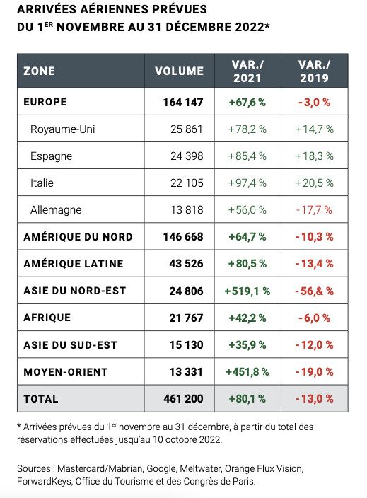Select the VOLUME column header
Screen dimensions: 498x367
tap(179, 71)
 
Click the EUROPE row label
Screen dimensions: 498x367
tap(45, 102)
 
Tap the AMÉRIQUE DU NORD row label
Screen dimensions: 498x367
tap(78, 236)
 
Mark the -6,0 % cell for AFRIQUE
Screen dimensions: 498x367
tap(315, 318)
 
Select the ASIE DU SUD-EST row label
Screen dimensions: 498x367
tap(70, 344)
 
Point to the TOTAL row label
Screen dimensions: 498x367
tap(41, 399)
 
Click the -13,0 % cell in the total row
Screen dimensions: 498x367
tap(315, 399)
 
